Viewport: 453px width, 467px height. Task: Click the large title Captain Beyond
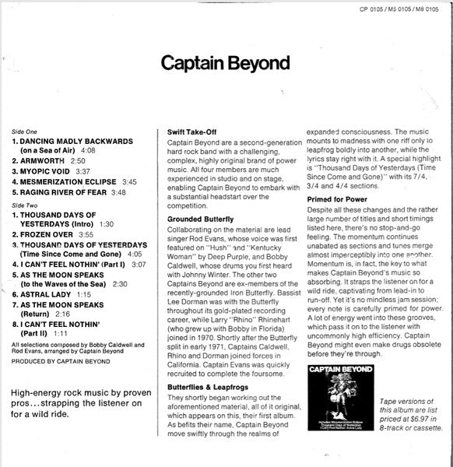[226, 61]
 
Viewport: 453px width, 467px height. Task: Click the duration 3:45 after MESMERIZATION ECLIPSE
[129, 181]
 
